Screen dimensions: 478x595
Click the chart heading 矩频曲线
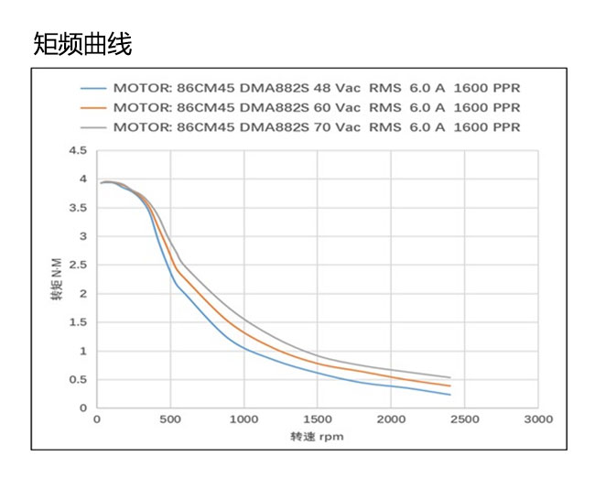tap(82, 43)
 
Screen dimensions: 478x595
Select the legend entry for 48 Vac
tap(316, 89)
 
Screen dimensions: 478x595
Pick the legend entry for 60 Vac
tap(316, 107)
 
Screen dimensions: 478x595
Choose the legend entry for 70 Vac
tap(316, 126)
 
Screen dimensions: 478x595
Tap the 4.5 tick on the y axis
tap(77, 151)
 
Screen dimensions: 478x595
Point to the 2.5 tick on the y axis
tap(77, 266)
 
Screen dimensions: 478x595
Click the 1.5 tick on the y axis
tap(77, 322)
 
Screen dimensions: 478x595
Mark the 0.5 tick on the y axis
tap(77, 380)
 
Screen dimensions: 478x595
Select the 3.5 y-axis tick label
tap(77, 208)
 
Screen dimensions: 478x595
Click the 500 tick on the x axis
tap(170, 419)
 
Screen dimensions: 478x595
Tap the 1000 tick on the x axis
tap(243, 419)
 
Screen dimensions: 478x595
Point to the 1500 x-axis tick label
tap(318, 419)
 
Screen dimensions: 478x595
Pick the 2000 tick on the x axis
tap(391, 419)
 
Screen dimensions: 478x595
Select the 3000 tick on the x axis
tap(538, 419)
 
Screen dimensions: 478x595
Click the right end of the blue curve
tap(449, 394)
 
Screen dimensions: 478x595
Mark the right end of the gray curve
tap(449, 377)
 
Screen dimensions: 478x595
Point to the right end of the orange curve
tap(449, 386)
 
